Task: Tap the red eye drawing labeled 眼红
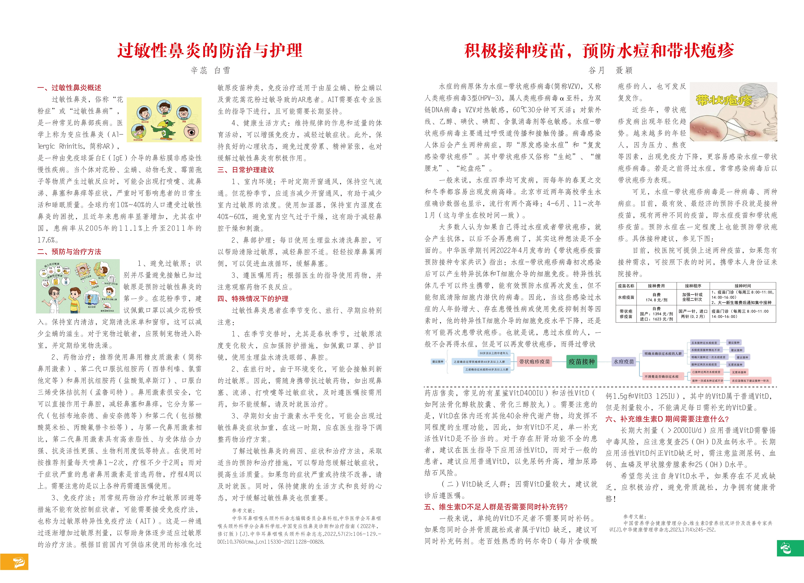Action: pyautogui.click(x=191, y=132)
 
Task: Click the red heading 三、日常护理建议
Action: pyautogui.click(x=246, y=170)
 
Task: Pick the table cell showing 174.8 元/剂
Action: pyautogui.click(x=656, y=300)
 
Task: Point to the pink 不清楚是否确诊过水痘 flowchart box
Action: pyautogui.click(x=661, y=376)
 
